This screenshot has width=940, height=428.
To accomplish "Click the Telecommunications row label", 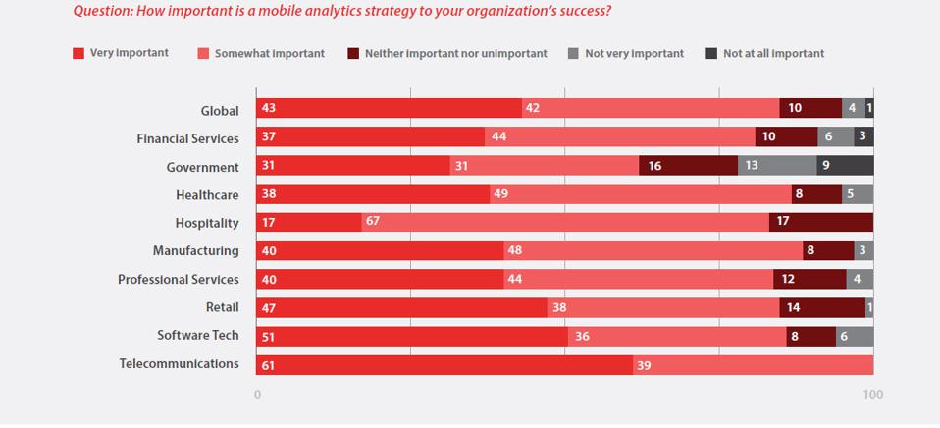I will click(x=179, y=364).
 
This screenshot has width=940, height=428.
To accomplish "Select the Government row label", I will click(x=202, y=167).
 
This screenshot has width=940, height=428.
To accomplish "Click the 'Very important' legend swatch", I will click(x=78, y=53).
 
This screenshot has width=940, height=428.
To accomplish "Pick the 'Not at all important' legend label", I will click(x=773, y=53).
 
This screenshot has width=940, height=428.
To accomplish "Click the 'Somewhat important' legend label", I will click(x=271, y=53).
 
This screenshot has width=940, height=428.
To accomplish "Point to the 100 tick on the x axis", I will click(x=872, y=395).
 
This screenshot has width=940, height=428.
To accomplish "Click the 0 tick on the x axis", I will click(x=257, y=395).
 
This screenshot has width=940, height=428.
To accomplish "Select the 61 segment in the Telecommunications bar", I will click(x=444, y=365).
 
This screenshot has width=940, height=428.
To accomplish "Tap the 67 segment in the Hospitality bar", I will click(x=565, y=223).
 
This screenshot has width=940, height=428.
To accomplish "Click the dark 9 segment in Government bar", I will click(x=845, y=166).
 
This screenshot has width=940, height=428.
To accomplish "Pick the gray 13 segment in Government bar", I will click(x=777, y=166).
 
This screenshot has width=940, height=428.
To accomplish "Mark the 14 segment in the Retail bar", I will click(x=822, y=308).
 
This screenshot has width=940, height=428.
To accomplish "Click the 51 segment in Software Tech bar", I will click(x=412, y=337).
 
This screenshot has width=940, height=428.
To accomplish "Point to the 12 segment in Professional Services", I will click(x=809, y=280).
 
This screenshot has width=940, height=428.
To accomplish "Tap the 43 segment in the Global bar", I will click(x=389, y=109).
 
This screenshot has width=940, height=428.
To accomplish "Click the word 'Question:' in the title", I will click(x=101, y=12).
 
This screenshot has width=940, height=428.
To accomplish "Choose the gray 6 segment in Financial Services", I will click(x=835, y=137).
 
